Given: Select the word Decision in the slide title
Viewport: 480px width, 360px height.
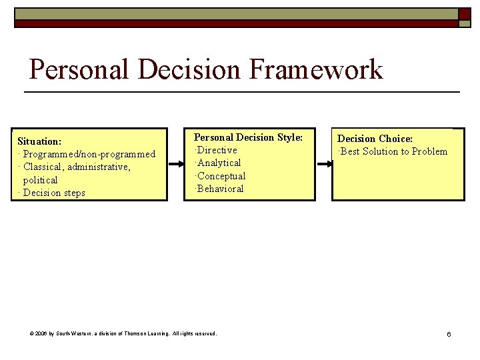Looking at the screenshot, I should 189,69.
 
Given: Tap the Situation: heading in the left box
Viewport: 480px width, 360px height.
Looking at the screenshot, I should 39,141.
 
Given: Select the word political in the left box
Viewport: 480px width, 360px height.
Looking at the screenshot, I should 40,180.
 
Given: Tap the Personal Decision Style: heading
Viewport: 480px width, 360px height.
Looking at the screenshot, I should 248,137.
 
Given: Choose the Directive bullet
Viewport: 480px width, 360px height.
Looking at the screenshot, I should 217,150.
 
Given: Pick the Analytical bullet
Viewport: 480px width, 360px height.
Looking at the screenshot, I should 219,163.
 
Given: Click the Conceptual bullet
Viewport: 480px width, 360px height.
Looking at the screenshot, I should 221,176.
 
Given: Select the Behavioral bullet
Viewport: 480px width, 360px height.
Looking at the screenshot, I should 219,189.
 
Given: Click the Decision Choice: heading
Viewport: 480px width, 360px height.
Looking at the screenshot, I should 375,139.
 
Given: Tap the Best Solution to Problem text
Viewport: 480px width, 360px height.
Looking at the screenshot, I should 393,151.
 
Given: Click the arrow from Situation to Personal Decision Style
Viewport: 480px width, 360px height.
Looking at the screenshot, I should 178,163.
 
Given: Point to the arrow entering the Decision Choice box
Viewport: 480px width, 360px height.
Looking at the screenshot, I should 324,163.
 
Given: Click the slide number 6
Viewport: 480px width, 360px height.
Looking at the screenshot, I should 449,333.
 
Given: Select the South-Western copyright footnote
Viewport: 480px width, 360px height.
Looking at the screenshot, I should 123,333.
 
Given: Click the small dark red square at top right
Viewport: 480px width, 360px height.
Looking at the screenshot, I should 464,13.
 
